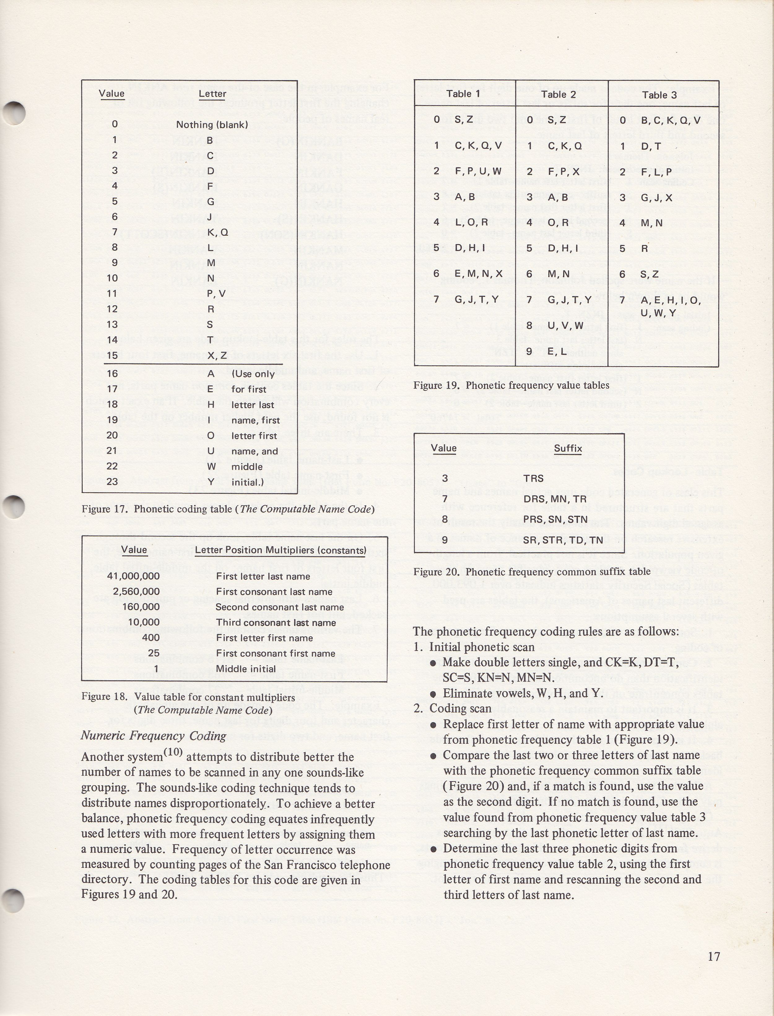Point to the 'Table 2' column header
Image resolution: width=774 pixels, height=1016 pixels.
pyautogui.click(x=559, y=94)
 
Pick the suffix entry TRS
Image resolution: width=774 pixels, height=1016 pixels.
pyautogui.click(x=533, y=478)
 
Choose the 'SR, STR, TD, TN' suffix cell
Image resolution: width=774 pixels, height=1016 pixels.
pyautogui.click(x=563, y=540)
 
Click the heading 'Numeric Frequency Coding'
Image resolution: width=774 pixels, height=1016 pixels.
pyautogui.click(x=154, y=736)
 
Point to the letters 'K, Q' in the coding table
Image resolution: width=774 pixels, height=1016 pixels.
pyautogui.click(x=217, y=232)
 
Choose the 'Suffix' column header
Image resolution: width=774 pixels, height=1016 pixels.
pyautogui.click(x=567, y=448)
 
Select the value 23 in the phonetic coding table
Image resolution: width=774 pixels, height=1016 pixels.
pyautogui.click(x=112, y=481)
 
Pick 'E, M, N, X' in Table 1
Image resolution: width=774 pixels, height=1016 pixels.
pyautogui.click(x=478, y=273)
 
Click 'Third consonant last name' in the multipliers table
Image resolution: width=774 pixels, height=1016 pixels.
pyautogui.click(x=276, y=622)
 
